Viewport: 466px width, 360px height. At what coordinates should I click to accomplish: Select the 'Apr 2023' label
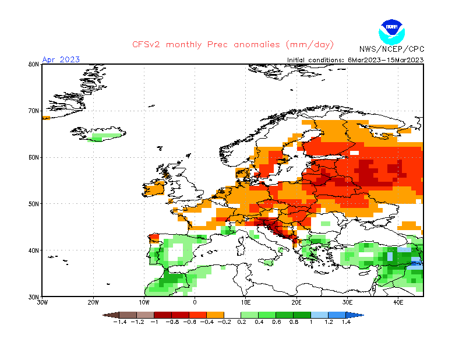point(61,59)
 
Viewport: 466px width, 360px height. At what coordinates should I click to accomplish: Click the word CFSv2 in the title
point(146,45)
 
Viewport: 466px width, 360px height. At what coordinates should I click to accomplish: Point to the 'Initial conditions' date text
point(355,60)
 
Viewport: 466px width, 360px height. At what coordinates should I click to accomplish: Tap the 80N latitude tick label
point(33,64)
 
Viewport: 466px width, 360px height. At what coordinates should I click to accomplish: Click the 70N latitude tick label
point(33,111)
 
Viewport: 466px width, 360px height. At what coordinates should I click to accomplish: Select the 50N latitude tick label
point(33,204)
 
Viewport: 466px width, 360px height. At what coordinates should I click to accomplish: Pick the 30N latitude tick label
point(33,297)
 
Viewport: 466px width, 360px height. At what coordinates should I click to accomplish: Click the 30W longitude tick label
point(43,303)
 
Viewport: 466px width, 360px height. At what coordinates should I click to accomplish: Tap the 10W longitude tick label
point(144,303)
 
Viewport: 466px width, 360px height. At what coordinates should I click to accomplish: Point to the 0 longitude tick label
point(195,303)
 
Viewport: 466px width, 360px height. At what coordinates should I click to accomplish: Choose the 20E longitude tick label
point(296,303)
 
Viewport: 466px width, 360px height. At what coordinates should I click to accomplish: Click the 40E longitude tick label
point(398,303)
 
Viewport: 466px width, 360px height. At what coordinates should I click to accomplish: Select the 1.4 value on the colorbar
point(346,322)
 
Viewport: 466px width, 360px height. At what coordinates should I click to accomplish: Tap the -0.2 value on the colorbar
point(224,322)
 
